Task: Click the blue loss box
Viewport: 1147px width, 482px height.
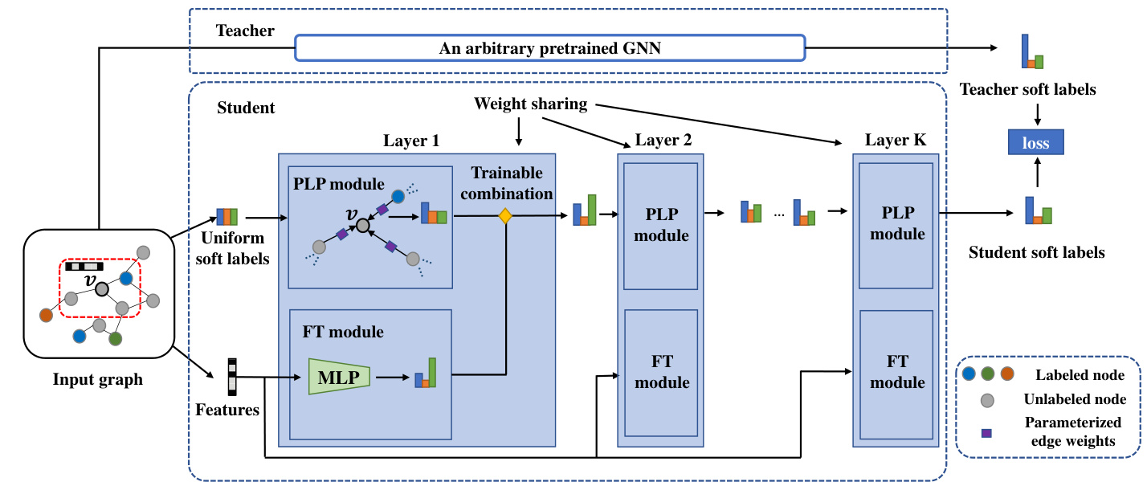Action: (x=1036, y=144)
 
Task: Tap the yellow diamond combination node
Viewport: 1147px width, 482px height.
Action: (x=505, y=215)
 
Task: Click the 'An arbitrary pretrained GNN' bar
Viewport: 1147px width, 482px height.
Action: (x=549, y=48)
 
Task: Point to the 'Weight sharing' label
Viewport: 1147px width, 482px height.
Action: (x=530, y=104)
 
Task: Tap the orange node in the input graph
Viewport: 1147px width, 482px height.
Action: (x=47, y=315)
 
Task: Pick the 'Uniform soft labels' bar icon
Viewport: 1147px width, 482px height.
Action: (x=229, y=217)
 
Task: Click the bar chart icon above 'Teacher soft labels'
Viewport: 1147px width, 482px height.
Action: (x=1032, y=52)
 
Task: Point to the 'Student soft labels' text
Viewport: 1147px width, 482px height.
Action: (x=1036, y=252)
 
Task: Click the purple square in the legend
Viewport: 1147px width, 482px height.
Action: (x=986, y=433)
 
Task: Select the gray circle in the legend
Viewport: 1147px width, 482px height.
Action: (x=989, y=399)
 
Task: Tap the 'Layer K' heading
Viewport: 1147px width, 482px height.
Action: (x=895, y=141)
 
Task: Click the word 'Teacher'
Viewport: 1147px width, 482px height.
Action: (x=245, y=31)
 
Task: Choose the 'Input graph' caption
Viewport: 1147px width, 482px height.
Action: (x=98, y=379)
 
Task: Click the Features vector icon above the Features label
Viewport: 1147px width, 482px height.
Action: (x=232, y=377)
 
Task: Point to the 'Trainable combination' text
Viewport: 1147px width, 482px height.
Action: (x=506, y=183)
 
